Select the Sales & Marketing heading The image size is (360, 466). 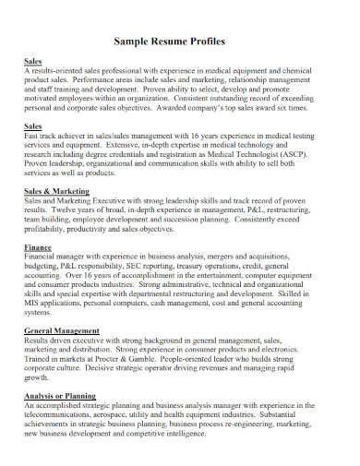[56, 190]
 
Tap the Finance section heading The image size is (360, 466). [38, 248]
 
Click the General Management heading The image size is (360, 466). [62, 329]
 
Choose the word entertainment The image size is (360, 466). [229, 277]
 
